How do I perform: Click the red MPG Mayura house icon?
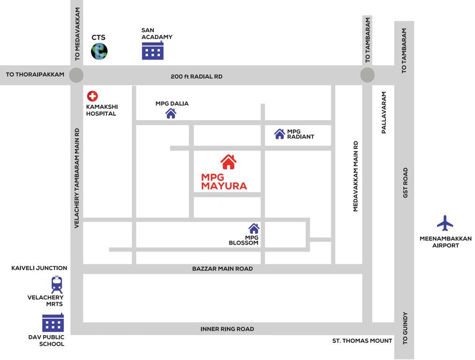228,162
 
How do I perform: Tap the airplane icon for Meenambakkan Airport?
445,223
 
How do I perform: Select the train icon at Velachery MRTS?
57,285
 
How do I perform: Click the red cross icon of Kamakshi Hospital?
92,96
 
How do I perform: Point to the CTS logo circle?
99,51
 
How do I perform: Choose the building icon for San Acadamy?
153,50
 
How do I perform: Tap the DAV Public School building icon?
53,322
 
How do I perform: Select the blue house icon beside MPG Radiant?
280,134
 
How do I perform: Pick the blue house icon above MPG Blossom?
254,228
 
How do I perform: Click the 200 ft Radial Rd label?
196,76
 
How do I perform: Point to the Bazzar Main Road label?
223,269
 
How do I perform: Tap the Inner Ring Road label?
227,329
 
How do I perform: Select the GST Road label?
406,182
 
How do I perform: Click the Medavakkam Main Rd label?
356,176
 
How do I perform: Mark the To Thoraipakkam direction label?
35,75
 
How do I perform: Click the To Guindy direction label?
406,328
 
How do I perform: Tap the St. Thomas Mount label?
362,341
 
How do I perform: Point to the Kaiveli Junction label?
39,268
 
